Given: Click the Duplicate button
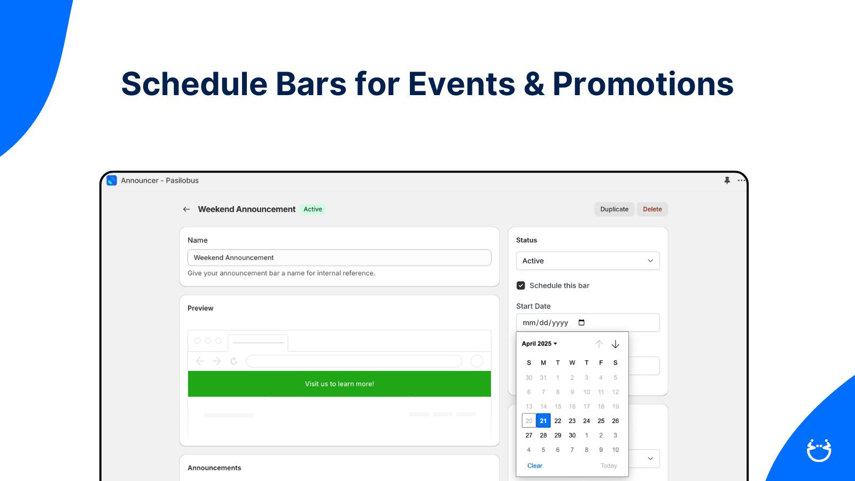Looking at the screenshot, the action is click(x=614, y=209).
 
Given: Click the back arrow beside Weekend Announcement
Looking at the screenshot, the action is click(x=186, y=209).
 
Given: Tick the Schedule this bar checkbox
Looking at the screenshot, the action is click(x=520, y=285).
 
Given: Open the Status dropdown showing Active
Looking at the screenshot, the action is click(x=588, y=261).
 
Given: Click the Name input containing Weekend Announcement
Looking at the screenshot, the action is click(x=339, y=258).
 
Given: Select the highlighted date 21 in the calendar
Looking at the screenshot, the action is click(x=543, y=421).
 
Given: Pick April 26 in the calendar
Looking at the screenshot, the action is click(x=615, y=421).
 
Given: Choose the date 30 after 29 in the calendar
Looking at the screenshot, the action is click(x=572, y=435).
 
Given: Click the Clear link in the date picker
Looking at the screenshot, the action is click(x=535, y=466).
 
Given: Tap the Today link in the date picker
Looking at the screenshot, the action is click(x=609, y=466).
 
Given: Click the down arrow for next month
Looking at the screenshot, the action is click(x=615, y=344).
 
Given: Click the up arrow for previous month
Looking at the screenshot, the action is click(x=599, y=344).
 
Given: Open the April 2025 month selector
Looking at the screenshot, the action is click(x=539, y=344).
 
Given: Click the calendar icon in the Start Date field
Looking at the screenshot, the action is click(x=581, y=323).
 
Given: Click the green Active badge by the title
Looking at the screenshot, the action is click(x=313, y=209).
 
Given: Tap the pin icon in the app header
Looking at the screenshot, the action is click(x=727, y=180).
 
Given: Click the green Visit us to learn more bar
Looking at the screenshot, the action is click(x=339, y=384).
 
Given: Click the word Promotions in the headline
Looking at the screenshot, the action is click(x=643, y=84).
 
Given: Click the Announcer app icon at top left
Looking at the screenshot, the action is click(x=112, y=180).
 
